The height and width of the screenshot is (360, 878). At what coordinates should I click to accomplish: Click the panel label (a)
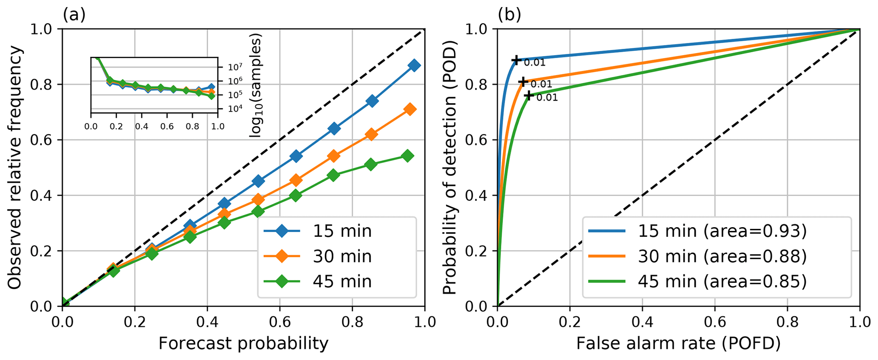tap(74, 15)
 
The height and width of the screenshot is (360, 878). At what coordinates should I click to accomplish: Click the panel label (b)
tap(509, 15)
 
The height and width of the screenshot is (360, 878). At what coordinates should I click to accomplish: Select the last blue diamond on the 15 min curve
tap(414, 65)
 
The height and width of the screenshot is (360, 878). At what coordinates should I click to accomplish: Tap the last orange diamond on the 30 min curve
tap(409, 109)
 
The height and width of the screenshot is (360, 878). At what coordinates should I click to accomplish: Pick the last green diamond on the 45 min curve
tap(407, 156)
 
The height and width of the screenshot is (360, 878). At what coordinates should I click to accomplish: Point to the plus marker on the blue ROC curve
tap(516, 60)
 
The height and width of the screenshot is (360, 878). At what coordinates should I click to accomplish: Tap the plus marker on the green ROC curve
tap(528, 96)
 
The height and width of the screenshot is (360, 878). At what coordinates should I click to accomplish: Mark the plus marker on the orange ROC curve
tap(523, 81)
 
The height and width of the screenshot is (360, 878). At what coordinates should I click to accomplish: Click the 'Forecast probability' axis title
tap(243, 343)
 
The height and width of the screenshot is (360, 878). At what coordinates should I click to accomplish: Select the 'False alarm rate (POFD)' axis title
tap(678, 343)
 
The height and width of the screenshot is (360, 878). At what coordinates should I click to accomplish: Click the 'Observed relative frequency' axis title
tap(15, 168)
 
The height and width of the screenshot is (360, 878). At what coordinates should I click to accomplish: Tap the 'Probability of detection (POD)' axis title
tap(449, 168)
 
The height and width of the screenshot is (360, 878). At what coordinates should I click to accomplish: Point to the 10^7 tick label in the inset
tap(235, 67)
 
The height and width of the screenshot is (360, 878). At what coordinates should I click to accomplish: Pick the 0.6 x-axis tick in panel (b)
tap(715, 322)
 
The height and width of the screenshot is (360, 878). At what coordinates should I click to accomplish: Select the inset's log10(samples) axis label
tap(255, 85)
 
